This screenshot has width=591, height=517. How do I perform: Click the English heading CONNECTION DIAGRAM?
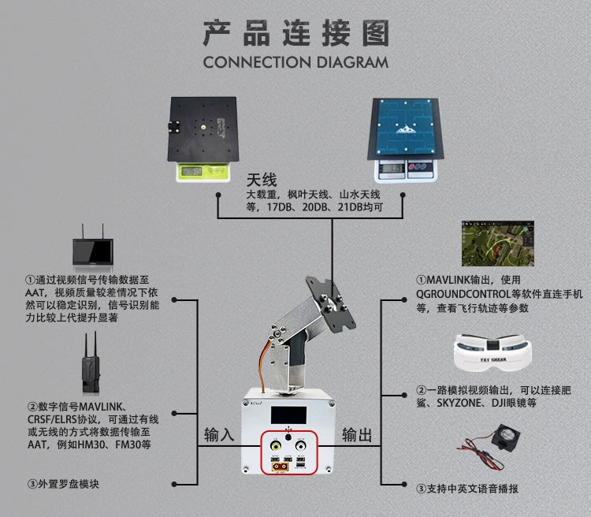(x=295, y=62)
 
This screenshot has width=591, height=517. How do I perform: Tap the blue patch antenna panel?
(x=406, y=128)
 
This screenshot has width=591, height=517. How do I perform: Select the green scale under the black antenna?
(x=203, y=172)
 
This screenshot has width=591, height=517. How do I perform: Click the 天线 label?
(x=262, y=180)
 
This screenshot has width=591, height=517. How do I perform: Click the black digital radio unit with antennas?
(x=91, y=363)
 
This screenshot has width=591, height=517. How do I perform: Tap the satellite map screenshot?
(x=497, y=244)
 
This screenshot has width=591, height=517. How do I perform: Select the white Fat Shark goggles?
(x=492, y=353)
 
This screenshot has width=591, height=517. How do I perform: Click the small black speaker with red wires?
(x=505, y=437)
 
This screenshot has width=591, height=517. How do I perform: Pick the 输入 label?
(x=219, y=435)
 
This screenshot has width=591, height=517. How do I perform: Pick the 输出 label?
(x=357, y=435)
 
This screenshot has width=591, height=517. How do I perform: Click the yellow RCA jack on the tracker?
(x=276, y=447)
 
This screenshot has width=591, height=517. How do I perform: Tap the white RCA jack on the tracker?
(x=301, y=446)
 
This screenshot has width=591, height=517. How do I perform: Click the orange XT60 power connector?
(x=280, y=467)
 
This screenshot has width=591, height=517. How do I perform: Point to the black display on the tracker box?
(x=288, y=415)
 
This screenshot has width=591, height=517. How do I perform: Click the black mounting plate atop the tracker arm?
(x=330, y=304)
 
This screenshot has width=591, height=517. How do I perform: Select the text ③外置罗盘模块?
(x=63, y=484)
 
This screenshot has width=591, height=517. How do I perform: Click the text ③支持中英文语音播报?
(x=467, y=489)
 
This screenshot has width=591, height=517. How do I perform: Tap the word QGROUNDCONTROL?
(x=463, y=294)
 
